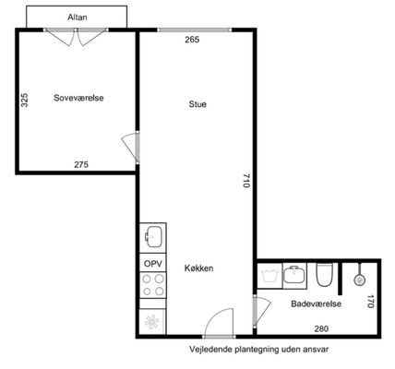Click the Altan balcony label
[x=78, y=18]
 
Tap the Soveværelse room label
[x=78, y=98]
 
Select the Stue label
[x=197, y=104]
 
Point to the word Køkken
[x=198, y=268]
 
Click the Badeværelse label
[x=317, y=304]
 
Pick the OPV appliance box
[x=153, y=263]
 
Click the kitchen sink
[x=153, y=237]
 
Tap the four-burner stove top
[x=153, y=285]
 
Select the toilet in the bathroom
[x=325, y=274]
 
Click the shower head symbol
[x=359, y=280]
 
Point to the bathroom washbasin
[x=294, y=275]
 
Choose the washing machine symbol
[x=269, y=276]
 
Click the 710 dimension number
[x=246, y=181]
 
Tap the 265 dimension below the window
[x=192, y=40]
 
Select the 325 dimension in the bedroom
[x=24, y=100]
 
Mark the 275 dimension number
[x=81, y=164]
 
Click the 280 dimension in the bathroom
[x=321, y=328]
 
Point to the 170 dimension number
[x=371, y=302]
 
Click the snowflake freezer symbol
[x=152, y=322]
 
